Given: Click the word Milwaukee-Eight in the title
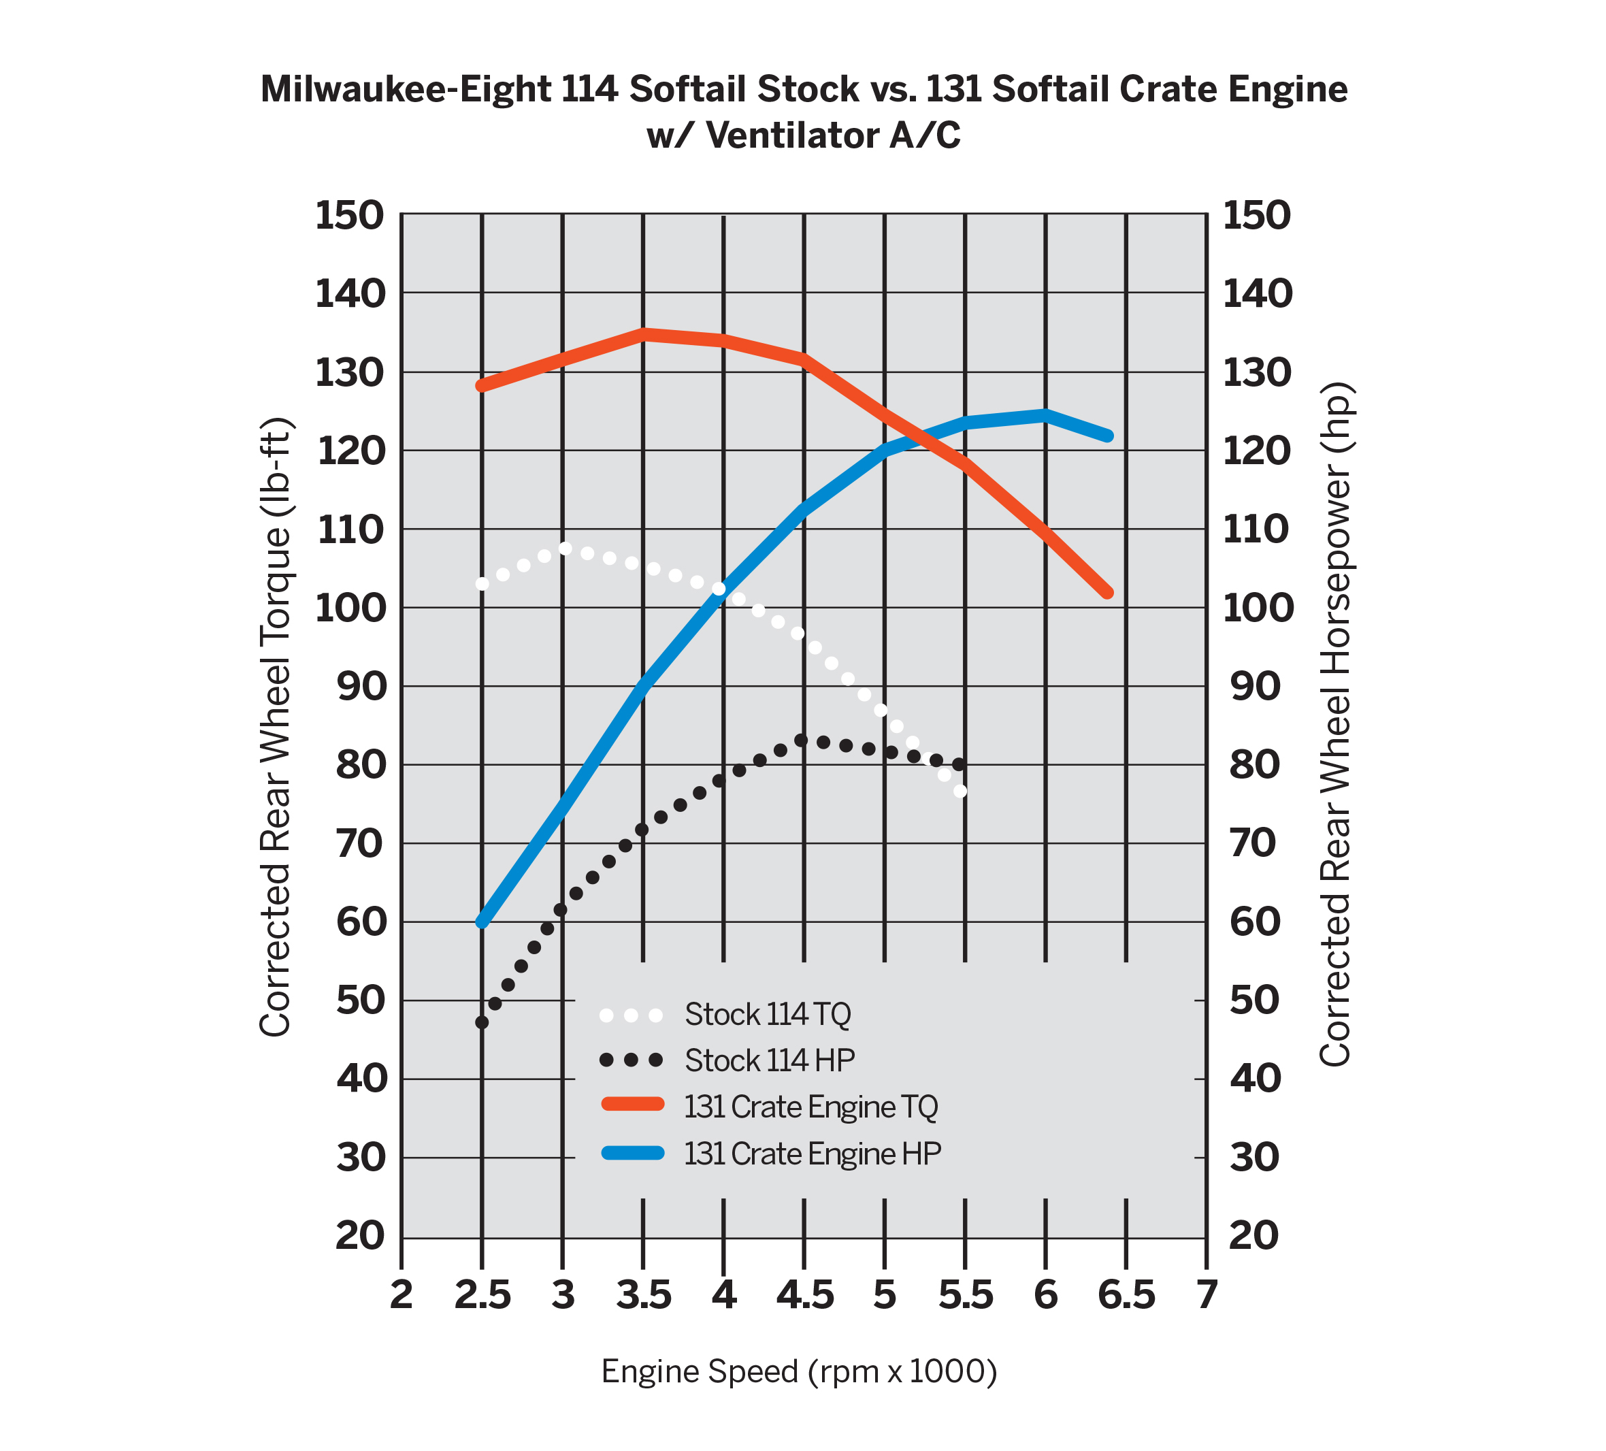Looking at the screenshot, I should (406, 88).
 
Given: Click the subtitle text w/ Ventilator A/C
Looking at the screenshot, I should (803, 135).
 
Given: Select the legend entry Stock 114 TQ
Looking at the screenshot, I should (768, 1014).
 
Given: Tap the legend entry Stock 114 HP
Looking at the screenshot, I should (770, 1060).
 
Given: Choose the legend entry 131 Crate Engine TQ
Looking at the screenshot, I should (811, 1107).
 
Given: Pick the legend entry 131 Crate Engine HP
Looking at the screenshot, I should (813, 1153).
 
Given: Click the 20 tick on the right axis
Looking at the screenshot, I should (1253, 1236).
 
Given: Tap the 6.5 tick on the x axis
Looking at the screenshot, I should (1126, 1297).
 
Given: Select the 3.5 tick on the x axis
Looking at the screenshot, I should (644, 1297).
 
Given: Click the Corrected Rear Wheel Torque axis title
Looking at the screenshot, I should (275, 727).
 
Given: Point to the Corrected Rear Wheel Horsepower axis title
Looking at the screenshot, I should (1336, 723).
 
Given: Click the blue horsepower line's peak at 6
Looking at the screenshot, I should (1045, 414).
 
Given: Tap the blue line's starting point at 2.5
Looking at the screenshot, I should (482, 922).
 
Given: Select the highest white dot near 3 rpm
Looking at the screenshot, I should (566, 549).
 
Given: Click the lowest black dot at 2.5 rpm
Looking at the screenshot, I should (482, 1022).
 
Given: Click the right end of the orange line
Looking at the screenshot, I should (1107, 593).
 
